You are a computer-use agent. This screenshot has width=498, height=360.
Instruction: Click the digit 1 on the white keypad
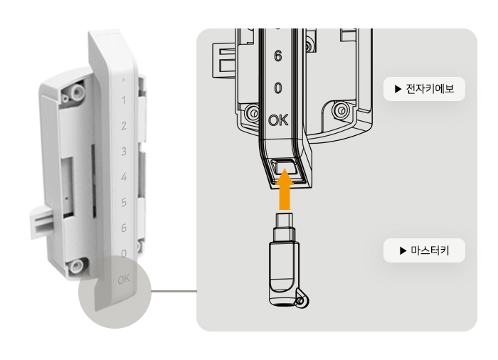pos(124,100)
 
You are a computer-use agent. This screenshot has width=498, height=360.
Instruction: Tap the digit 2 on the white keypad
pos(124,126)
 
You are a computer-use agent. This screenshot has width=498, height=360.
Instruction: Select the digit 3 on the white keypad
pos(124,152)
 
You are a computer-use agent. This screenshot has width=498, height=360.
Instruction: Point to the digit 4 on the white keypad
pos(124,176)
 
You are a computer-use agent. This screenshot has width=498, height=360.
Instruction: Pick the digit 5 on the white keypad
pos(124,202)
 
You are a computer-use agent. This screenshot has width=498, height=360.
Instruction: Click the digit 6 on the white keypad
pos(124,228)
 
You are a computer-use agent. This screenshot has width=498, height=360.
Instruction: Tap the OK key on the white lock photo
pos(124,280)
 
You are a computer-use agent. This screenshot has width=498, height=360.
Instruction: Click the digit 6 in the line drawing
pos(278,56)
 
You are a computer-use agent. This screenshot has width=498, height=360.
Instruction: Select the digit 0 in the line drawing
pos(278,88)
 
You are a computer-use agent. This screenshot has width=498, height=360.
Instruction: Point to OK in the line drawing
pos(278,120)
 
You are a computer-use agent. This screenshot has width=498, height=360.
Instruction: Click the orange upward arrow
pos(285,189)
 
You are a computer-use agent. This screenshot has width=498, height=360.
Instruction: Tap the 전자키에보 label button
pos(424,89)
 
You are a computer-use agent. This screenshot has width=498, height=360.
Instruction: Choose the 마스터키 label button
pos(424,250)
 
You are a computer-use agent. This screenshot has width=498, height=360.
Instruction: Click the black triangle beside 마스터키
pos(403,250)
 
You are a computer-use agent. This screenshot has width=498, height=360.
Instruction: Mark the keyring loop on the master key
pos(302,300)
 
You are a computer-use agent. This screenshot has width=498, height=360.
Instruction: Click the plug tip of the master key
pos(285,219)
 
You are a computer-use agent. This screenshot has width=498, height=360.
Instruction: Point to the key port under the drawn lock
pos(285,167)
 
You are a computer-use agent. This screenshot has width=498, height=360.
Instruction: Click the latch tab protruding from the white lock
pos(41,221)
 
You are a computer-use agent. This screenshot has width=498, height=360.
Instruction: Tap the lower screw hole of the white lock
pos(76,265)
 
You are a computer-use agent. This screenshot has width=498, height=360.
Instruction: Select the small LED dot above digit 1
pos(124,80)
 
